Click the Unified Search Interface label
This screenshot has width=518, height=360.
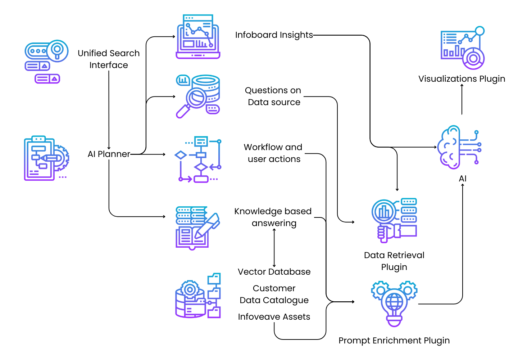tap(109, 59)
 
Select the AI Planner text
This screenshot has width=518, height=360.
tap(109, 154)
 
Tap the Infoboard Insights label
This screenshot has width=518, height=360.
tap(274, 35)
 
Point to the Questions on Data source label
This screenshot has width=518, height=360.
tap(273, 96)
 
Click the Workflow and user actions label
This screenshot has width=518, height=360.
tap(273, 153)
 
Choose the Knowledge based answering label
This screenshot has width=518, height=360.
tap(273, 217)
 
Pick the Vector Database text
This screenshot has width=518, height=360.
tap(274, 272)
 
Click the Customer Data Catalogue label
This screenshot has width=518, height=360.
tap(274, 294)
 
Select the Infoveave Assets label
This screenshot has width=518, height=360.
tap(274, 317)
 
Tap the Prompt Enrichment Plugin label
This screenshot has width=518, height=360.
tap(394, 341)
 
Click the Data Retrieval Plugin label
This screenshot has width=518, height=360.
tap(394, 261)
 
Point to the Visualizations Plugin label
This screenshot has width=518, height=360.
tap(462, 79)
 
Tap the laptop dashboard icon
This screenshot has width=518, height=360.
tap(198, 37)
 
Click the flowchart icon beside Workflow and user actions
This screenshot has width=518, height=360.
tap(198, 159)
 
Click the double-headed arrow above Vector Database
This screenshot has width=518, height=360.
tap(274, 248)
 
